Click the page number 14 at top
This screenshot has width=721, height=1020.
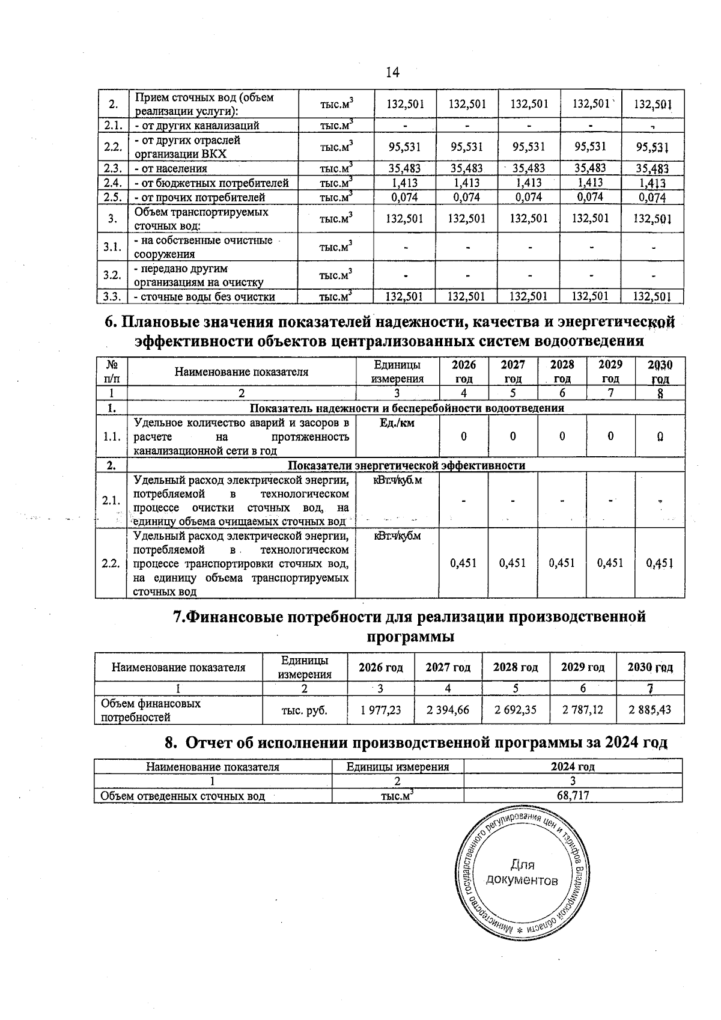point(392,73)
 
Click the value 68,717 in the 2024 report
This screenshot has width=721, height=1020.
point(573,796)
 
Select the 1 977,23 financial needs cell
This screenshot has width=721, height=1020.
point(380,710)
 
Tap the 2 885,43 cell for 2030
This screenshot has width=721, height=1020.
point(650,710)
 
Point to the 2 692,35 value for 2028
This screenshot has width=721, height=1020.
point(515,710)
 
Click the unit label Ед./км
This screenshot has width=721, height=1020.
point(397,423)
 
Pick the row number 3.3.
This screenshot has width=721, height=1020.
point(112,296)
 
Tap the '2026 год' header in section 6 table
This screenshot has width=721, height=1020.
point(463,371)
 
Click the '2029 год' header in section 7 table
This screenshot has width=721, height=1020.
point(582,667)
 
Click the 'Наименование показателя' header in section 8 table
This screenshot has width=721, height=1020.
point(213,767)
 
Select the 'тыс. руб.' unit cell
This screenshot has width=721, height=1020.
point(305,710)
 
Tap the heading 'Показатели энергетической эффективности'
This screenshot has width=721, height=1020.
point(406,465)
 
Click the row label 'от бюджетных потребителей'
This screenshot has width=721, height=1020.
point(211,183)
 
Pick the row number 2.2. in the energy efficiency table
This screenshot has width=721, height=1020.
point(111,563)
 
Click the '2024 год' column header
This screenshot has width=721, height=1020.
point(573,767)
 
